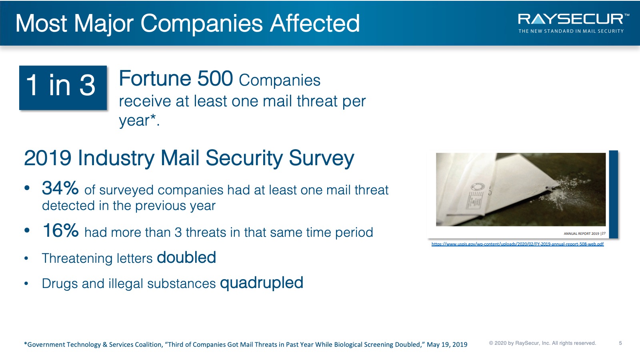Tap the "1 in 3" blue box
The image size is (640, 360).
point(63,88)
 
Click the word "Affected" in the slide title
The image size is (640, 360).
point(314,23)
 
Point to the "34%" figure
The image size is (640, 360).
point(60,188)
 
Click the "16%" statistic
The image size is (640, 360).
point(60,230)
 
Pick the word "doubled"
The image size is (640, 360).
point(186,257)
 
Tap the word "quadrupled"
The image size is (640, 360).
point(262,283)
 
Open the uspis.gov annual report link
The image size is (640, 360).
point(518,244)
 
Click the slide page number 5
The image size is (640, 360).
point(620,343)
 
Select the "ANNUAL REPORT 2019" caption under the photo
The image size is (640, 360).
point(581,234)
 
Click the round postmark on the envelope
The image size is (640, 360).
point(478,187)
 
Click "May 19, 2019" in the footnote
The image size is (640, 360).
point(447,344)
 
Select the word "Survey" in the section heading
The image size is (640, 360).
point(322,158)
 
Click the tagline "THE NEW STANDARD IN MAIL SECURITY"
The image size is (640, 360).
point(571,31)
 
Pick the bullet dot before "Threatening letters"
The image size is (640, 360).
point(26,258)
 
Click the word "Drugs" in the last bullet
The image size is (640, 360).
point(60,284)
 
